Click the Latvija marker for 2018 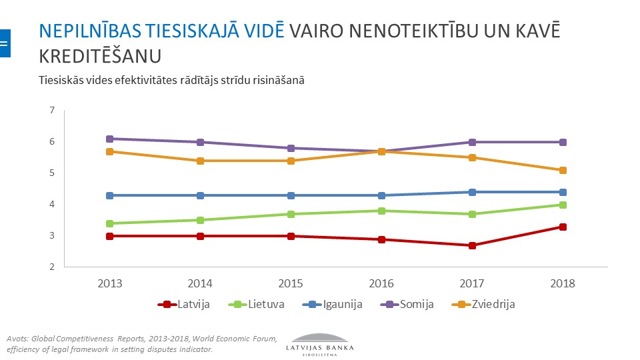[563, 227]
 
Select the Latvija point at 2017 [472, 245]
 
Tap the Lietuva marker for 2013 [109, 223]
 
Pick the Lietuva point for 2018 [563, 205]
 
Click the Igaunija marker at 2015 [291, 195]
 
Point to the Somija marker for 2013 [109, 139]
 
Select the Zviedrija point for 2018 [563, 170]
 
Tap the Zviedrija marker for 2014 [200, 161]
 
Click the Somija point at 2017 [472, 142]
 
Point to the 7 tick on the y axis [51, 110]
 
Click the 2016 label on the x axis [381, 283]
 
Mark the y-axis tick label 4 [51, 204]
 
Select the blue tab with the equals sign [5, 43]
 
